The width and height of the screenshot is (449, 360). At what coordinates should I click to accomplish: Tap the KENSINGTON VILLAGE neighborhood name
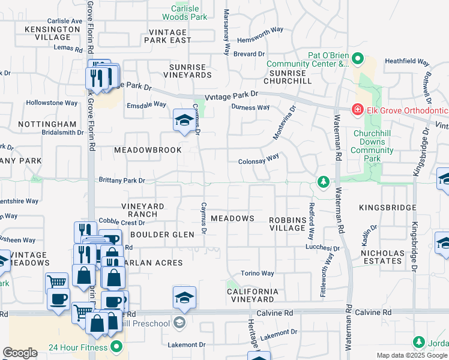point(52,33)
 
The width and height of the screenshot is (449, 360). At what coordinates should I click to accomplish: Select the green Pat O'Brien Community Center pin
point(358,59)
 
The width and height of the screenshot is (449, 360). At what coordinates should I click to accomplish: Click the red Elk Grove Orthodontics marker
point(357,110)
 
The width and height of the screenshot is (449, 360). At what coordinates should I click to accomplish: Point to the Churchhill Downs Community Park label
point(373,146)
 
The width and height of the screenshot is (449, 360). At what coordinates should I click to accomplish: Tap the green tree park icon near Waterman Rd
point(323,181)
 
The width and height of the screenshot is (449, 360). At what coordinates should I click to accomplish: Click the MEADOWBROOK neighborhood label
point(147,150)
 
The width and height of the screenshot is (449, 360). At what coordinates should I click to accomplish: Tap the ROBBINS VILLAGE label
point(287,224)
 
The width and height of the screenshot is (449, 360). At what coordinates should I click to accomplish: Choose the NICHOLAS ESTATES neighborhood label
point(382,257)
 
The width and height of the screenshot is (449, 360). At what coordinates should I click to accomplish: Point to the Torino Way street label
point(257,274)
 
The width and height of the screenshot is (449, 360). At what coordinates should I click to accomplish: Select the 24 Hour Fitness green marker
point(116,347)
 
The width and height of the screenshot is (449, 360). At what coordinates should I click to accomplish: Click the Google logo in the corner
point(20,353)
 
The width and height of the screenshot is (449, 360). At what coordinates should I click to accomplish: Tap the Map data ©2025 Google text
point(411,355)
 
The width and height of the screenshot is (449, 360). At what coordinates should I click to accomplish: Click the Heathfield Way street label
point(407,62)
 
